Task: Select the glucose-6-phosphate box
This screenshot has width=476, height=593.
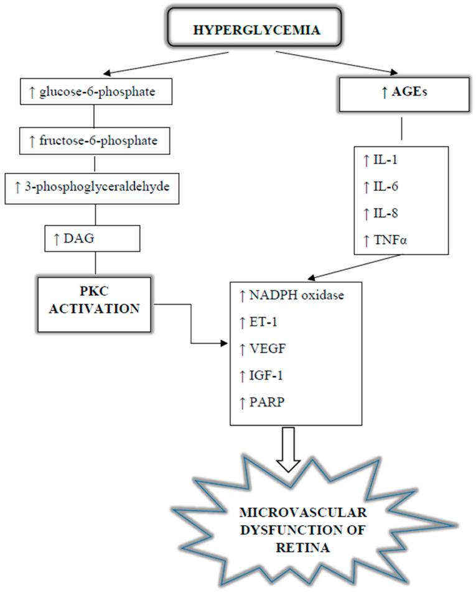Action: [93, 93]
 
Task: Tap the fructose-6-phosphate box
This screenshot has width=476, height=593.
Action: [93, 141]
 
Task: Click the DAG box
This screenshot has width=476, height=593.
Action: [91, 236]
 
